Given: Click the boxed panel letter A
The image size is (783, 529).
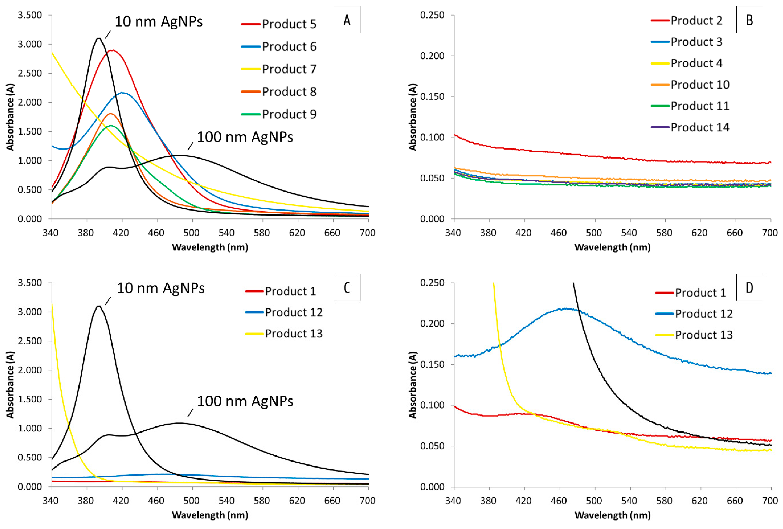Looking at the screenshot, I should point(347,20).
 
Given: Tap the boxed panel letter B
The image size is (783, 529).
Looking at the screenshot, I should point(749,20).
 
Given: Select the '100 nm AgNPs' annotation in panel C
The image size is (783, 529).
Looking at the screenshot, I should point(245,401).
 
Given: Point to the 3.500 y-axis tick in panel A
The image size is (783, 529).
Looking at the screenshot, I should point(30,15).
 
